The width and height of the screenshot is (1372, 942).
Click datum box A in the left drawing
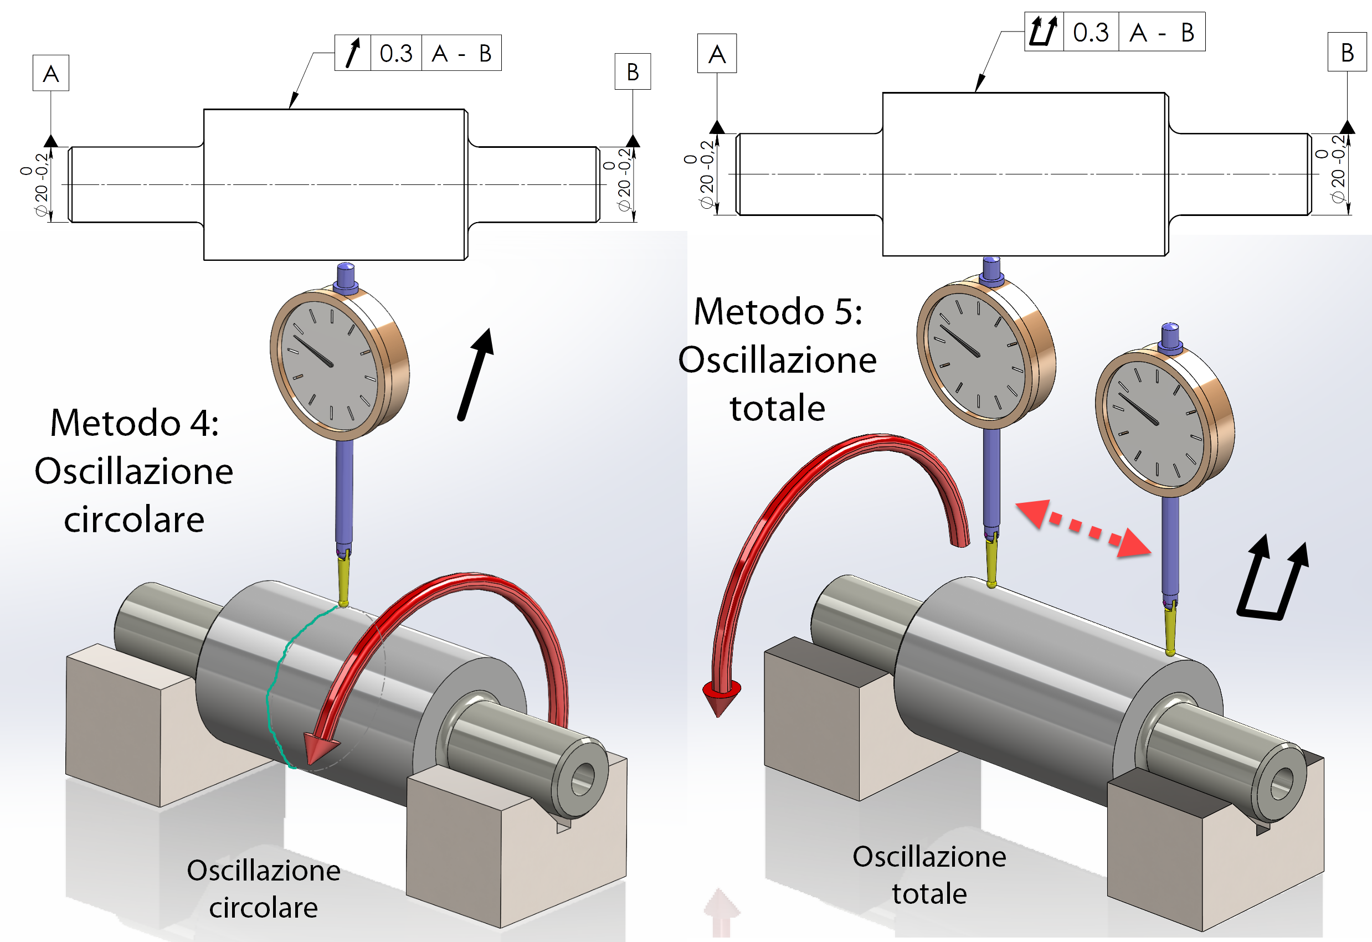click(x=51, y=73)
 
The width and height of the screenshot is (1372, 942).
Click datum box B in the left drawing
click(x=633, y=72)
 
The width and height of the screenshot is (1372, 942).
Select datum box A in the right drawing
click(x=717, y=54)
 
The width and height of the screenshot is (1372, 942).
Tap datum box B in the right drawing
click(x=1347, y=53)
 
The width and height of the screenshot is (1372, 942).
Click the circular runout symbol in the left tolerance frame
click(x=352, y=53)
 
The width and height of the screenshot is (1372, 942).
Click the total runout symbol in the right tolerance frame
click(x=1042, y=32)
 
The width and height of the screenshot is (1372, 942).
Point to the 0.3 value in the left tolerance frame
click(x=395, y=54)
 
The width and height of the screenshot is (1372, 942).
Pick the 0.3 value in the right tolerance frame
click(x=1091, y=33)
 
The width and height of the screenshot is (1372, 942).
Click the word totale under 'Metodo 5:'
click(x=777, y=409)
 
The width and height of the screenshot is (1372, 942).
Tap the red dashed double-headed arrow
click(x=1083, y=528)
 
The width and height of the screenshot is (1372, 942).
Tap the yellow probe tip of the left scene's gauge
click(x=343, y=584)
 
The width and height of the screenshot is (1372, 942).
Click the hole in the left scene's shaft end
click(x=583, y=779)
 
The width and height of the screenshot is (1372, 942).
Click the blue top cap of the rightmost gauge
click(x=1170, y=337)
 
